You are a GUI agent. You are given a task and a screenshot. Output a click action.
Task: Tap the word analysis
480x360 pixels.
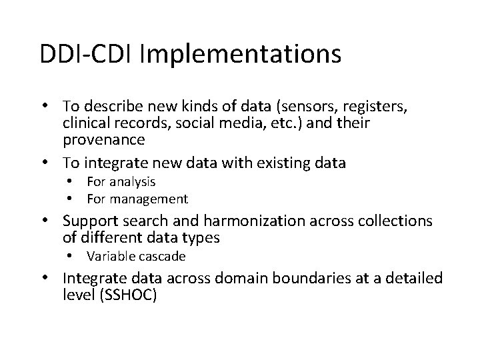pos(132,182)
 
